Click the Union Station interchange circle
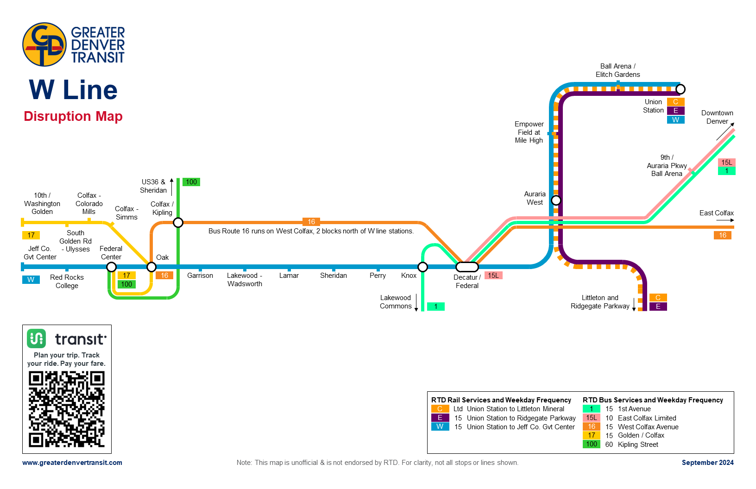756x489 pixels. pos(680,89)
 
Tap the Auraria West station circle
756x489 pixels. pos(556,200)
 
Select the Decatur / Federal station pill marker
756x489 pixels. pos(467,267)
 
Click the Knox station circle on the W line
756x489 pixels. pos(422,267)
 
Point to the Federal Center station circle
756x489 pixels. pos(111,267)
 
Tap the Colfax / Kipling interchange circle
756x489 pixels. pos(178,223)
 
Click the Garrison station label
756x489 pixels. pos(200,276)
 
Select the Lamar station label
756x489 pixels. pos(289,276)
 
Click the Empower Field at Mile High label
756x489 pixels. pos(529,132)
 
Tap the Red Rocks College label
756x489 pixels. pos(67,282)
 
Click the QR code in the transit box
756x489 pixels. pos(67,409)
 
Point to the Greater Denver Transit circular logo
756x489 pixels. pos(44,44)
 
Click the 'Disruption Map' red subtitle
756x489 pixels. pos(73,116)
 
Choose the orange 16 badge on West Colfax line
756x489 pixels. pos(311,222)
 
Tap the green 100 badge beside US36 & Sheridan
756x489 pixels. pos(191,182)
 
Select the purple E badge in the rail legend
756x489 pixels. pos(440,418)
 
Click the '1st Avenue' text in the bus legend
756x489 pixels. pos(634,409)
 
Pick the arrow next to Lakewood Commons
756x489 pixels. pos(416,302)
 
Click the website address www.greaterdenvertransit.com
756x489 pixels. pos(72,463)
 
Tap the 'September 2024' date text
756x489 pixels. pos(707,463)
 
